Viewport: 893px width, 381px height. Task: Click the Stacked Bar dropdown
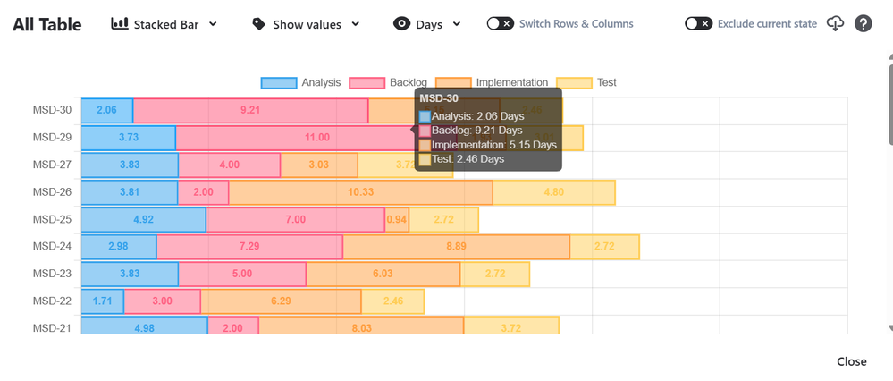(164, 24)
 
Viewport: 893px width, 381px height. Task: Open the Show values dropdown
(307, 24)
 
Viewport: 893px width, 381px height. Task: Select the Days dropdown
(427, 24)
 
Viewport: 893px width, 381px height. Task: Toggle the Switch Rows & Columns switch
(500, 24)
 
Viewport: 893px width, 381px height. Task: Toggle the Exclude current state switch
(698, 24)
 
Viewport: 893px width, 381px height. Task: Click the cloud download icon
(835, 24)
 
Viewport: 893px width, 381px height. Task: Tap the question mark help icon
(863, 24)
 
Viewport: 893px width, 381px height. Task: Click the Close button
(851, 361)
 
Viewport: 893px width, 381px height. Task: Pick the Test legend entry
(586, 82)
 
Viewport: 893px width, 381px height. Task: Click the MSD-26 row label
(52, 191)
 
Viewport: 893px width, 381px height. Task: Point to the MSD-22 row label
(52, 301)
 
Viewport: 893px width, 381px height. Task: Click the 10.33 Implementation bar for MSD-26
(360, 192)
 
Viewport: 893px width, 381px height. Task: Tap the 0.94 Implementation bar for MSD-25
(396, 219)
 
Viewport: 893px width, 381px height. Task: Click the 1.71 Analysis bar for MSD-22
(103, 301)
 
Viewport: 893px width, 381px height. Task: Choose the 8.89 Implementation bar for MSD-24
(456, 247)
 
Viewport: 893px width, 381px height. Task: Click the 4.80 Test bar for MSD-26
(553, 192)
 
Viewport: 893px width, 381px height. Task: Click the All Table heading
(47, 24)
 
